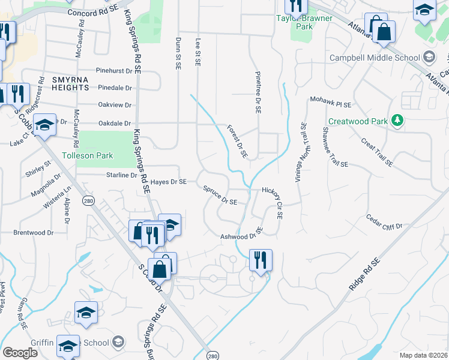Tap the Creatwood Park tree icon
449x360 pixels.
396,121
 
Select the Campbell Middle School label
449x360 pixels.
375,58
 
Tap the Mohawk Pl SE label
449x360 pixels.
330,103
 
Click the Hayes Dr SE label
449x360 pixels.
169,181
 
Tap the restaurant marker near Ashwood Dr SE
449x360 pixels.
261,260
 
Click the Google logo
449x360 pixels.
20,352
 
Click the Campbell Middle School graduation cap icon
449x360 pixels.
429,58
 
